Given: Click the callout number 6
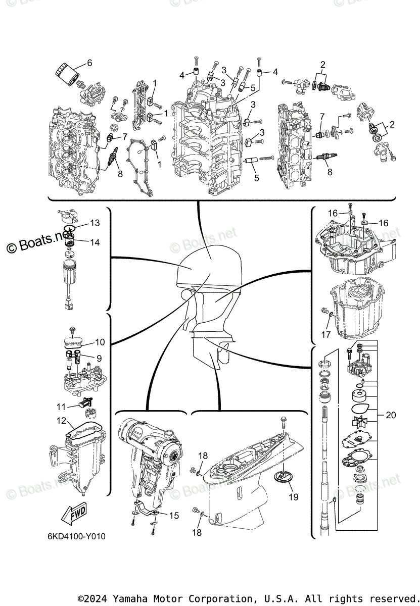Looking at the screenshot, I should tap(89, 63).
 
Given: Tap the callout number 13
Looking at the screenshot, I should tap(95, 223).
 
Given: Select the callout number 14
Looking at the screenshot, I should tap(95, 242).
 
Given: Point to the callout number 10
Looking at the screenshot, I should tap(100, 342).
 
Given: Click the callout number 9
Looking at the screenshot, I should tap(99, 358).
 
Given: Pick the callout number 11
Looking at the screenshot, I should tap(61, 406).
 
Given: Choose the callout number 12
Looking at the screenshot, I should tap(61, 420).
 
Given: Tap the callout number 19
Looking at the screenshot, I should tap(293, 497).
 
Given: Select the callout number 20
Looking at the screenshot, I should tap(391, 416).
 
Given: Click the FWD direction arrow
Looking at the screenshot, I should tap(71, 514).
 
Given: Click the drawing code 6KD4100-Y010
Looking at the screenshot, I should tap(74, 536).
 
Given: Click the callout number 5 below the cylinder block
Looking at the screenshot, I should tap(256, 178).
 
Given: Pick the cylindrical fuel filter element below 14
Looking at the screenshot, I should tap(69, 273).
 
